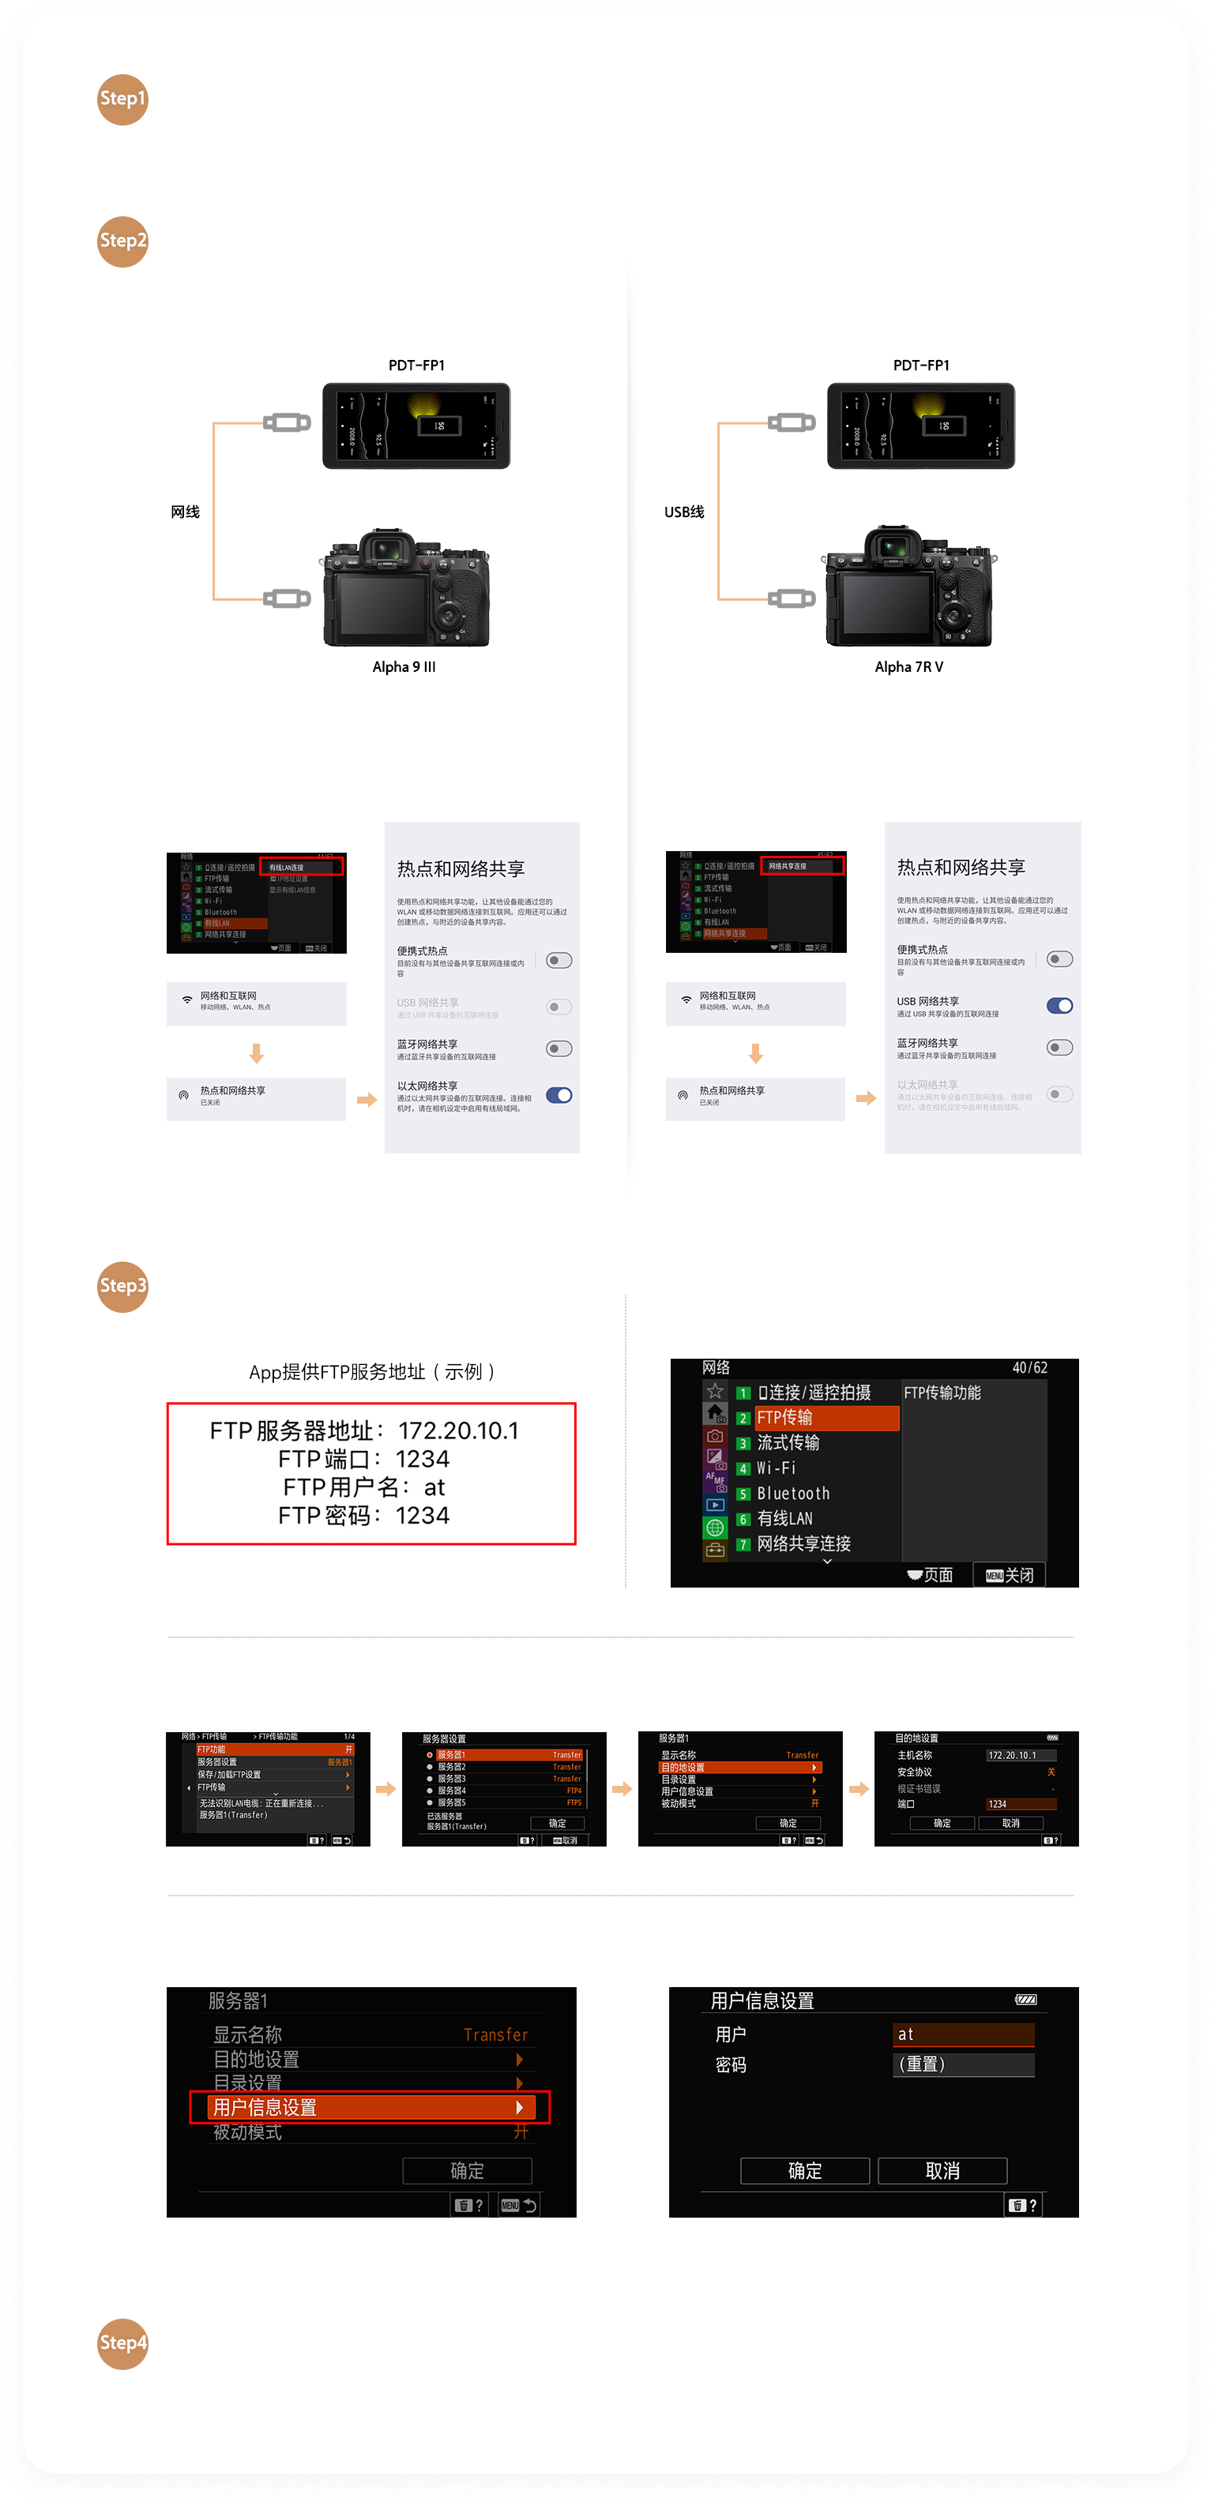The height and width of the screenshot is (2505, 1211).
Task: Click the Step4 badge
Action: click(x=122, y=2342)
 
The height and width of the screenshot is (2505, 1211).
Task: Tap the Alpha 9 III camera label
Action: click(x=404, y=667)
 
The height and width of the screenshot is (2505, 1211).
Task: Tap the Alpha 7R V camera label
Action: click(x=908, y=667)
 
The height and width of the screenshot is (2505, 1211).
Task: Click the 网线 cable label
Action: click(x=185, y=512)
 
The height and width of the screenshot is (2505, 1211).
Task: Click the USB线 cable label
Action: click(x=684, y=512)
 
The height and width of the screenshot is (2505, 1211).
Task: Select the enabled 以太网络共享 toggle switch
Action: click(x=559, y=1095)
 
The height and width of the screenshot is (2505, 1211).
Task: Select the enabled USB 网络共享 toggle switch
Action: click(x=1059, y=1006)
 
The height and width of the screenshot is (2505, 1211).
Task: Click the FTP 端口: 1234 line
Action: click(x=364, y=1459)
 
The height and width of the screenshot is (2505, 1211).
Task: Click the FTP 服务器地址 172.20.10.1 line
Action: click(x=364, y=1431)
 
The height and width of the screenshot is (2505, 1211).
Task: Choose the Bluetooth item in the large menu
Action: click(x=793, y=1494)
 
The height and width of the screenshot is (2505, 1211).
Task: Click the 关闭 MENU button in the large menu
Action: click(x=1010, y=1574)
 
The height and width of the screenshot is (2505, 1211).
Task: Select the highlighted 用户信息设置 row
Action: click(x=370, y=2107)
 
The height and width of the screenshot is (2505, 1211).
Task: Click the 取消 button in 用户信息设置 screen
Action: click(x=942, y=2170)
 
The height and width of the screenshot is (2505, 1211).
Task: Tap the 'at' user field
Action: click(x=962, y=2034)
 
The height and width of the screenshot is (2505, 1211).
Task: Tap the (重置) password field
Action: click(x=962, y=2064)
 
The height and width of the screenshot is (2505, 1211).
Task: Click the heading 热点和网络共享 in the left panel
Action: click(x=460, y=868)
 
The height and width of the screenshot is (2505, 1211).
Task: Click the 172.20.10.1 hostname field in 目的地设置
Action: click(x=1019, y=1755)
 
